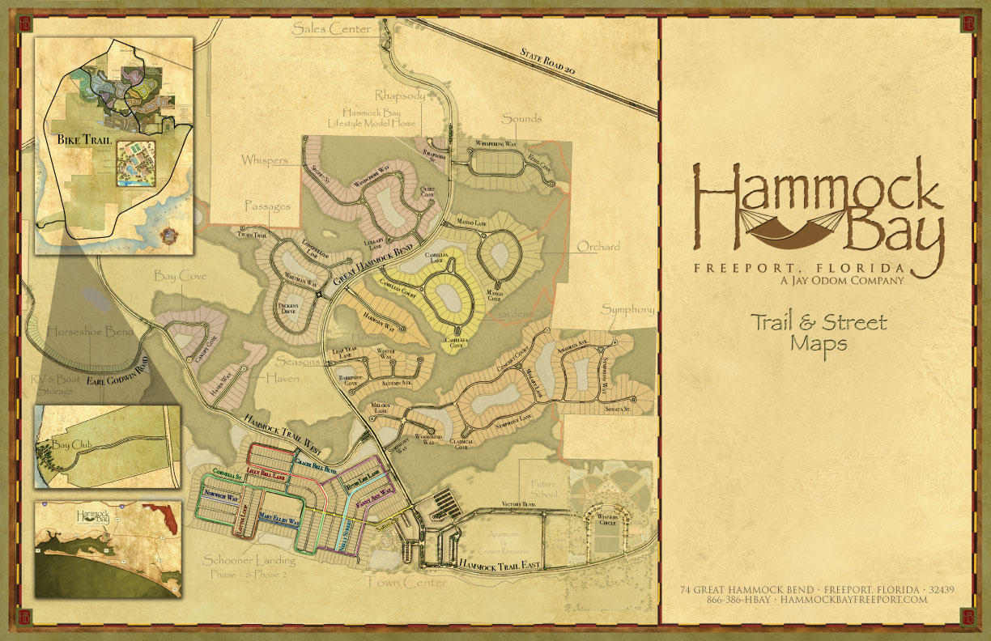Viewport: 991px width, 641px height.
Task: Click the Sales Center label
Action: (x=331, y=29)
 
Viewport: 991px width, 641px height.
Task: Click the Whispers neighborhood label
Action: (x=264, y=161)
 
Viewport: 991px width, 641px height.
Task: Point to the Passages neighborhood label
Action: (x=266, y=207)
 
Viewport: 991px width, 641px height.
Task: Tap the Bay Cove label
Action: (x=181, y=277)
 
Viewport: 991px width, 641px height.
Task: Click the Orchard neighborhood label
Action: (x=598, y=247)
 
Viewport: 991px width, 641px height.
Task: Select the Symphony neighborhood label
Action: (x=627, y=310)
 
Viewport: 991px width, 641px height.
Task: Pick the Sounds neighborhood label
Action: (x=521, y=119)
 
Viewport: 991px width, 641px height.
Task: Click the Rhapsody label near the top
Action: (x=394, y=96)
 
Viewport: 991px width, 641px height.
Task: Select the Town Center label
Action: (x=406, y=582)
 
